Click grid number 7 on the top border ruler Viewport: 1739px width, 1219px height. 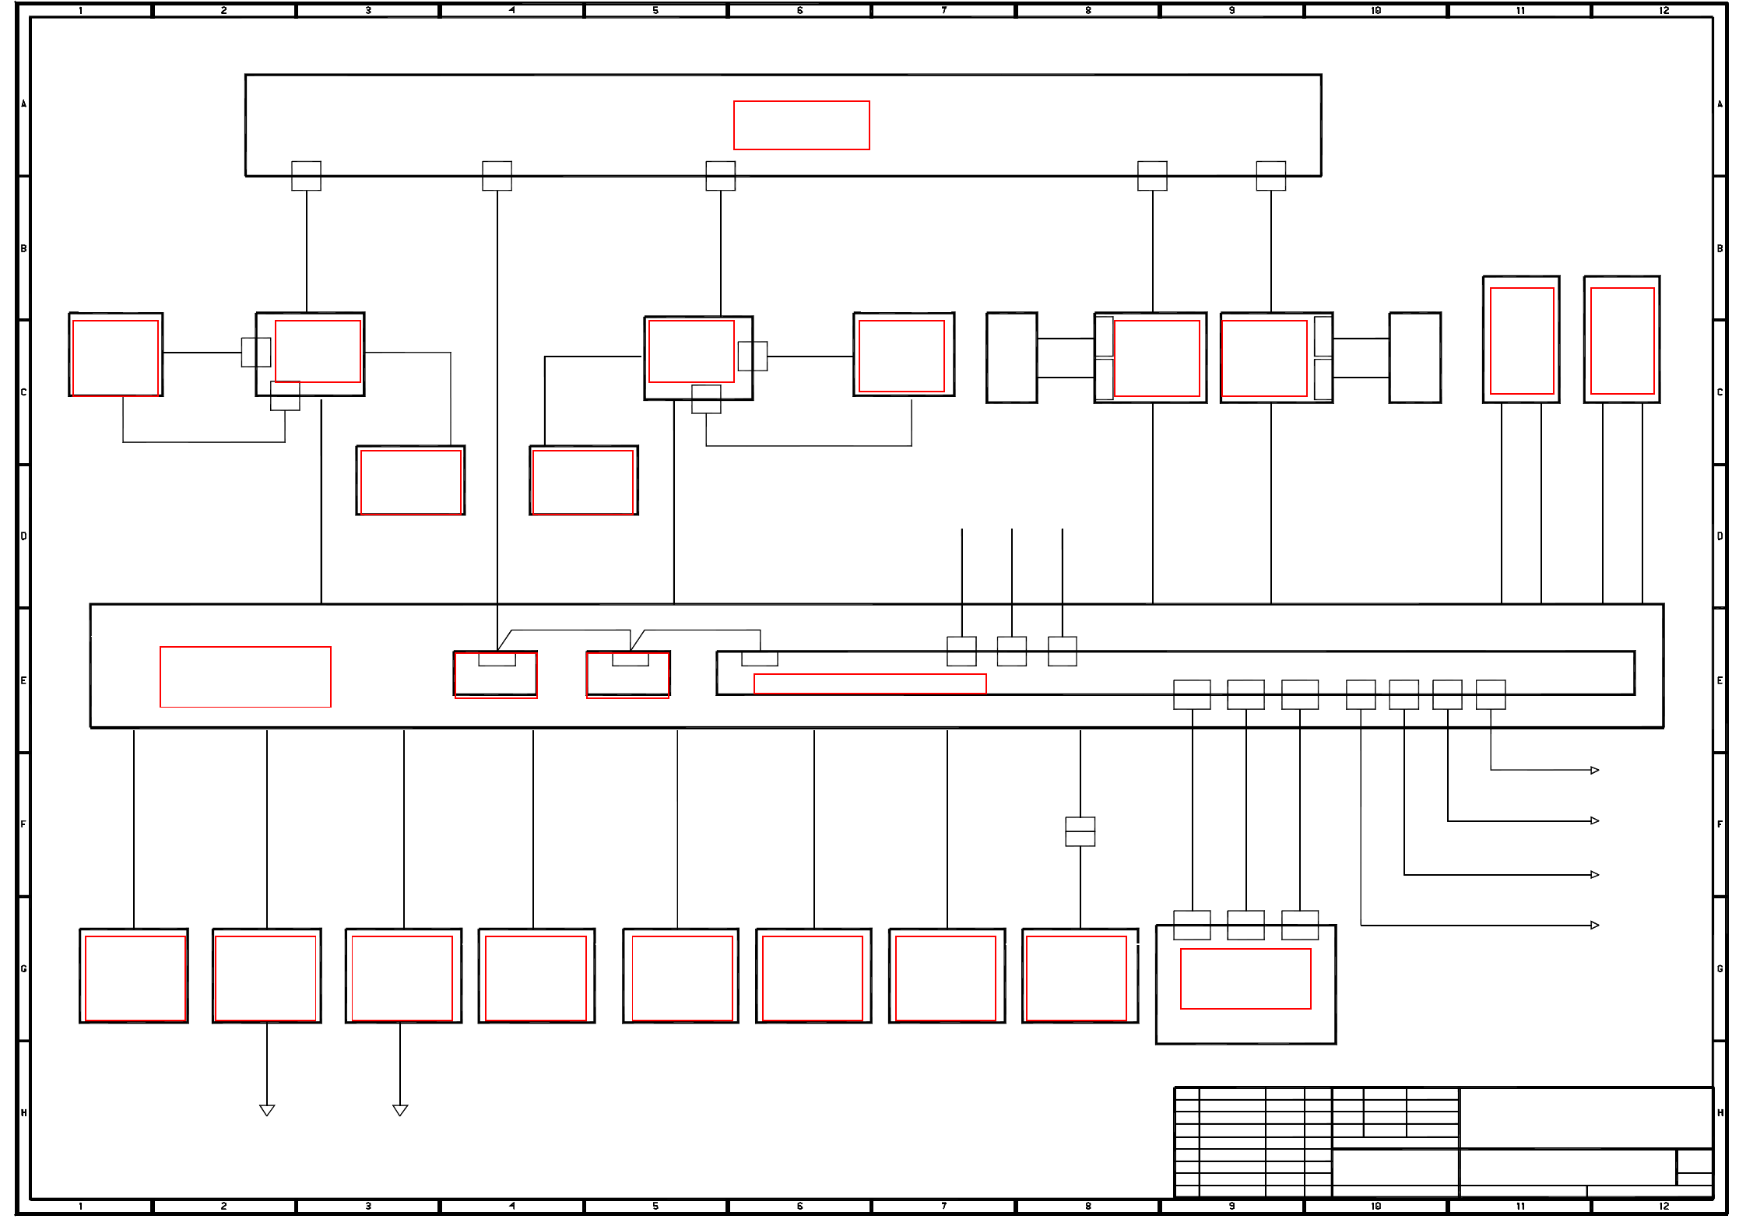pyautogui.click(x=943, y=10)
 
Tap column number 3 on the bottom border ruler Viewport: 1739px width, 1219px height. pyautogui.click(x=368, y=1206)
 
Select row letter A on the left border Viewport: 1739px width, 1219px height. pyautogui.click(x=23, y=104)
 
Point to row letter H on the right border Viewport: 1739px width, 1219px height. pyautogui.click(x=1720, y=1112)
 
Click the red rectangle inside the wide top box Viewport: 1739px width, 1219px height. pyautogui.click(x=801, y=125)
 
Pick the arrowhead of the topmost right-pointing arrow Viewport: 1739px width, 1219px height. pyautogui.click(x=1594, y=771)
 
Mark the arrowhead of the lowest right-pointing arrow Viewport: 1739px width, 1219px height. pyautogui.click(x=1594, y=926)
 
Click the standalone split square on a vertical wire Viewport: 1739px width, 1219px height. pyautogui.click(x=1080, y=831)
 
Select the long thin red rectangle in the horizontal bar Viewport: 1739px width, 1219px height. pyautogui.click(x=869, y=683)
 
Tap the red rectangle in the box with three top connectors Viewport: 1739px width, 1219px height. pyautogui.click(x=1245, y=978)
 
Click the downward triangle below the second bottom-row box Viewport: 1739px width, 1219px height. pyautogui.click(x=267, y=1110)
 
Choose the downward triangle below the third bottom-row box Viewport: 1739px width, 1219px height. pyautogui.click(x=400, y=1110)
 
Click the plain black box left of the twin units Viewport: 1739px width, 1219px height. pyautogui.click(x=1011, y=358)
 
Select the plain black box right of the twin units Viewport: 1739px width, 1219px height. pyautogui.click(x=1414, y=358)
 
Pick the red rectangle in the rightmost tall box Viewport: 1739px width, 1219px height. pyautogui.click(x=1622, y=341)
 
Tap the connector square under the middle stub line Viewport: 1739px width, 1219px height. pyautogui.click(x=1011, y=652)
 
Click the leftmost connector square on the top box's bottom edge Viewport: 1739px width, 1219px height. pyautogui.click(x=306, y=176)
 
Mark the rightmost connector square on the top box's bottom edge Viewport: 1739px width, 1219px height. pyautogui.click(x=1270, y=176)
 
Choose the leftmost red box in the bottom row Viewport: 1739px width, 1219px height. pyautogui.click(x=135, y=978)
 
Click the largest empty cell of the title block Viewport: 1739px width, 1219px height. pyautogui.click(x=1586, y=1117)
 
